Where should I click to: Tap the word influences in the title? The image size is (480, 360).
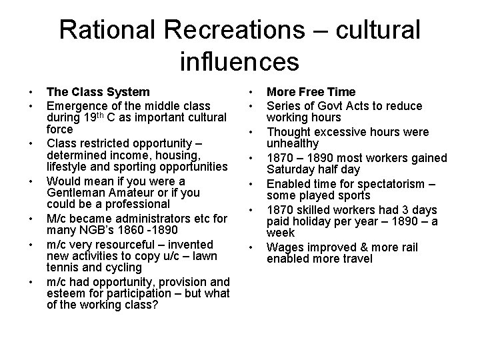[239, 62]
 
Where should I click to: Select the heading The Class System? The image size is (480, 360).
[97, 92]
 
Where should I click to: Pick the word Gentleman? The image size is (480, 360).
[76, 192]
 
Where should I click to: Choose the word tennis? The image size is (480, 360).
[62, 267]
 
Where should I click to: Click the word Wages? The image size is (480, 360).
[283, 247]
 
